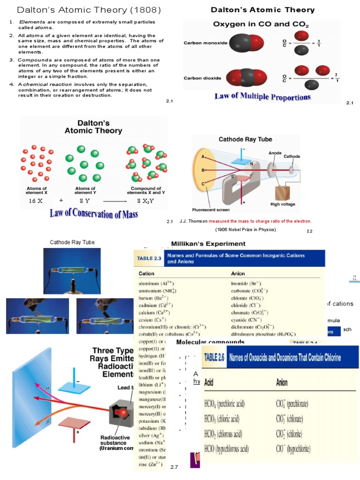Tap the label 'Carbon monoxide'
205,43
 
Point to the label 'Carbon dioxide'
202,78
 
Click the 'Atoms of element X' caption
37,191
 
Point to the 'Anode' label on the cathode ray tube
275,153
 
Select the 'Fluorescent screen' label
210,210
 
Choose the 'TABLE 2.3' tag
149,258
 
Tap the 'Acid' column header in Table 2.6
209,382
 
